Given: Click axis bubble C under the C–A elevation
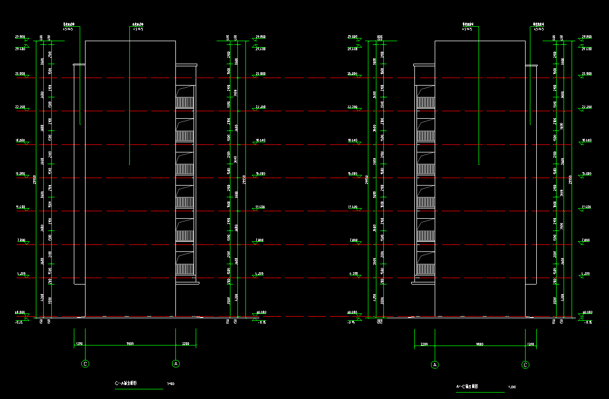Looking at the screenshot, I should pyautogui.click(x=85, y=364).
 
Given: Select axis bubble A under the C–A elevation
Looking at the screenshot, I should pyautogui.click(x=176, y=364).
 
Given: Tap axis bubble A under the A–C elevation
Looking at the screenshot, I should pyautogui.click(x=435, y=365).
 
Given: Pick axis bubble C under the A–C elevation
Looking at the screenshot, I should pyautogui.click(x=526, y=365).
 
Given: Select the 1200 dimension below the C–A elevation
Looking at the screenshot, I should pyautogui.click(x=79, y=343).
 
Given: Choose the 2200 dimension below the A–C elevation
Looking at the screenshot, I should pyautogui.click(x=425, y=344).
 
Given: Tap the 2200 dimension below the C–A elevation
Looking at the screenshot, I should pyautogui.click(x=186, y=343).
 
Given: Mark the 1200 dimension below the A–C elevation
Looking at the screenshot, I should pyautogui.click(x=530, y=344).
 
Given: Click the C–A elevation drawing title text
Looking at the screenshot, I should pyautogui.click(x=127, y=383).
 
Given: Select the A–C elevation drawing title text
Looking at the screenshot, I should pyautogui.click(x=467, y=386).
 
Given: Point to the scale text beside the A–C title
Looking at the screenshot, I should pyautogui.click(x=512, y=387).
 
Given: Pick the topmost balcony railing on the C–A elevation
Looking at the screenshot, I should pyautogui.click(x=184, y=102).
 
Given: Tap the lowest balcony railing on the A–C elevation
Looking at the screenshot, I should pyautogui.click(x=426, y=269).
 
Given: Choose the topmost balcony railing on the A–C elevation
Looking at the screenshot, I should pyautogui.click(x=426, y=102).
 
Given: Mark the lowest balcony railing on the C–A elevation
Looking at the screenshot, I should pyautogui.click(x=184, y=269).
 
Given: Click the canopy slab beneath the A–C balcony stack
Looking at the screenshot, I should pyautogui.click(x=423, y=282).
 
